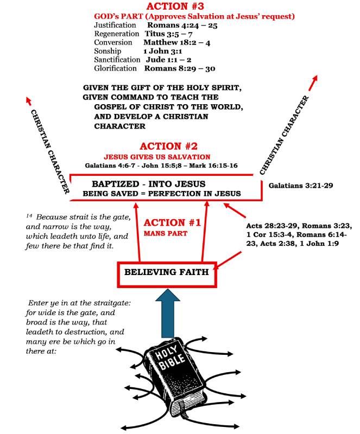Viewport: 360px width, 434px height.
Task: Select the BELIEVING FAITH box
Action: (x=167, y=272)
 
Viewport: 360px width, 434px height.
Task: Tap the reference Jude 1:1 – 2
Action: (x=161, y=60)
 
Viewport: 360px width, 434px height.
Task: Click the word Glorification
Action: (x=115, y=69)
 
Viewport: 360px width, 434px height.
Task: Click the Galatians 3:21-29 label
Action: (x=300, y=186)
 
